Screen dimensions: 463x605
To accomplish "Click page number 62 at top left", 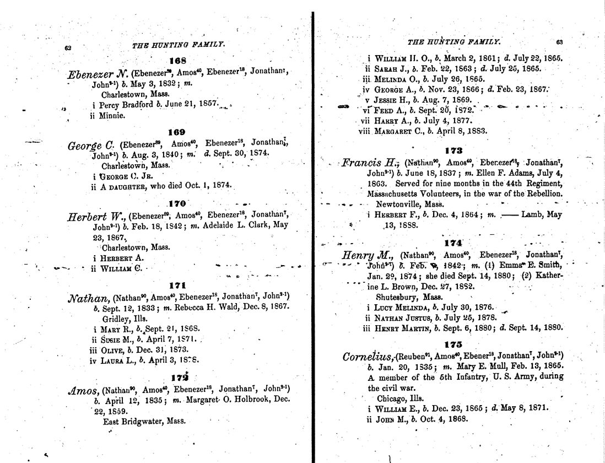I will pos(68,47).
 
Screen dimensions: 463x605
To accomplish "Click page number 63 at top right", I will pos(559,42).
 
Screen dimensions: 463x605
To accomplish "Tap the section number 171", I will pos(179,286).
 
